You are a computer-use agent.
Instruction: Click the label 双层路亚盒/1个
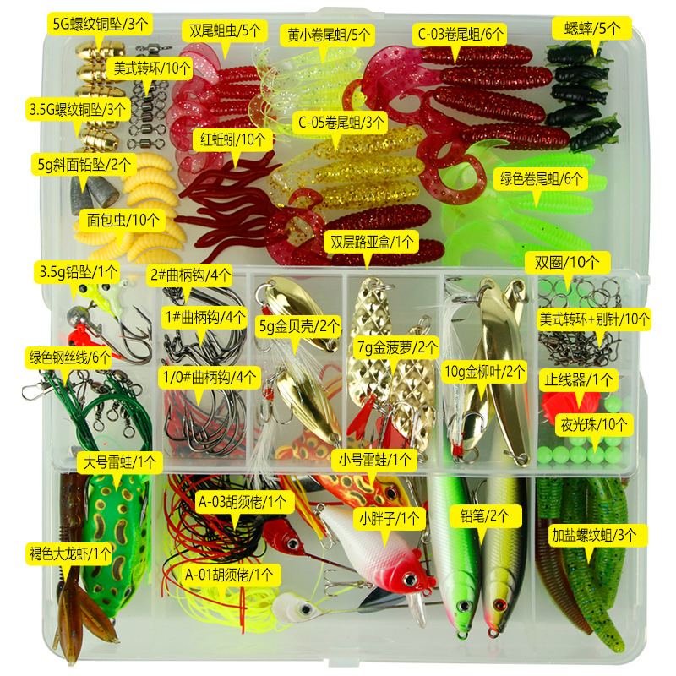(372, 242)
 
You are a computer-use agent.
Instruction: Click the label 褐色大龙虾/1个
(69, 553)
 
